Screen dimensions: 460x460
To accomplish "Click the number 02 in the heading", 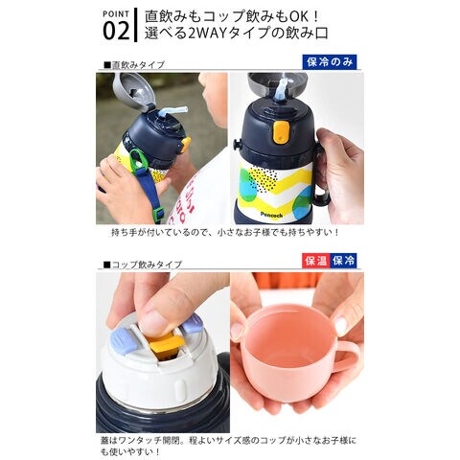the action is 116,31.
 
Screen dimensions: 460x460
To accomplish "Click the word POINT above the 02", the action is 116,14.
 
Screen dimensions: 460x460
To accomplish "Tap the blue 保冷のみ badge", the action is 330,62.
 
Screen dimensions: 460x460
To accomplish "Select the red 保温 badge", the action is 316,261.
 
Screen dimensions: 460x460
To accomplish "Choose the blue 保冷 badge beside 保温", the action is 343,261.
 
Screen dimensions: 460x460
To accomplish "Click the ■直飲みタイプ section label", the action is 134,65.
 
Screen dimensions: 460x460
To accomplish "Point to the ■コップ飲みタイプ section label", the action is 143,264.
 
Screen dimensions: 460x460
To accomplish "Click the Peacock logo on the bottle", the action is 271,215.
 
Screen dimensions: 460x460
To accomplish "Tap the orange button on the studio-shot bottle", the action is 281,132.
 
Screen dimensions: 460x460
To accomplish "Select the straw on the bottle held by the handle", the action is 281,87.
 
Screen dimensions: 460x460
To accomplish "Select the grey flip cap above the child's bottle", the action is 133,92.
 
